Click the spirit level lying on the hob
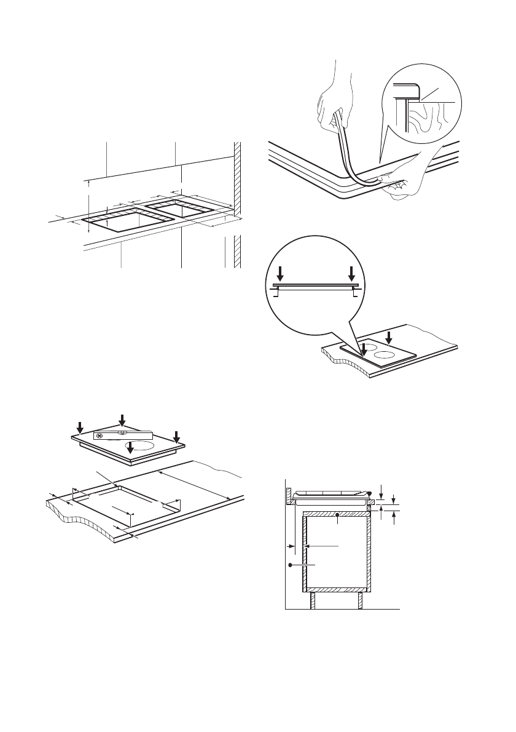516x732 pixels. click(x=122, y=435)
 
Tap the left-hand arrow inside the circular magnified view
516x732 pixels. click(x=280, y=273)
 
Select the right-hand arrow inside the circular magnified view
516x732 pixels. click(x=352, y=273)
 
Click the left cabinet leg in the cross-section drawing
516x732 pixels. click(x=313, y=599)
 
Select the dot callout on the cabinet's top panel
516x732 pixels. click(x=337, y=514)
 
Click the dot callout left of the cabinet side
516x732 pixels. click(x=289, y=564)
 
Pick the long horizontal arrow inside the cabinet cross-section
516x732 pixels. click(x=323, y=546)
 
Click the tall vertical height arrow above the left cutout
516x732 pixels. click(x=89, y=206)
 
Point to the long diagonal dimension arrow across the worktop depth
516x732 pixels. click(x=193, y=485)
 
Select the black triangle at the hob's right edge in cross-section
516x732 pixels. click(x=371, y=494)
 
